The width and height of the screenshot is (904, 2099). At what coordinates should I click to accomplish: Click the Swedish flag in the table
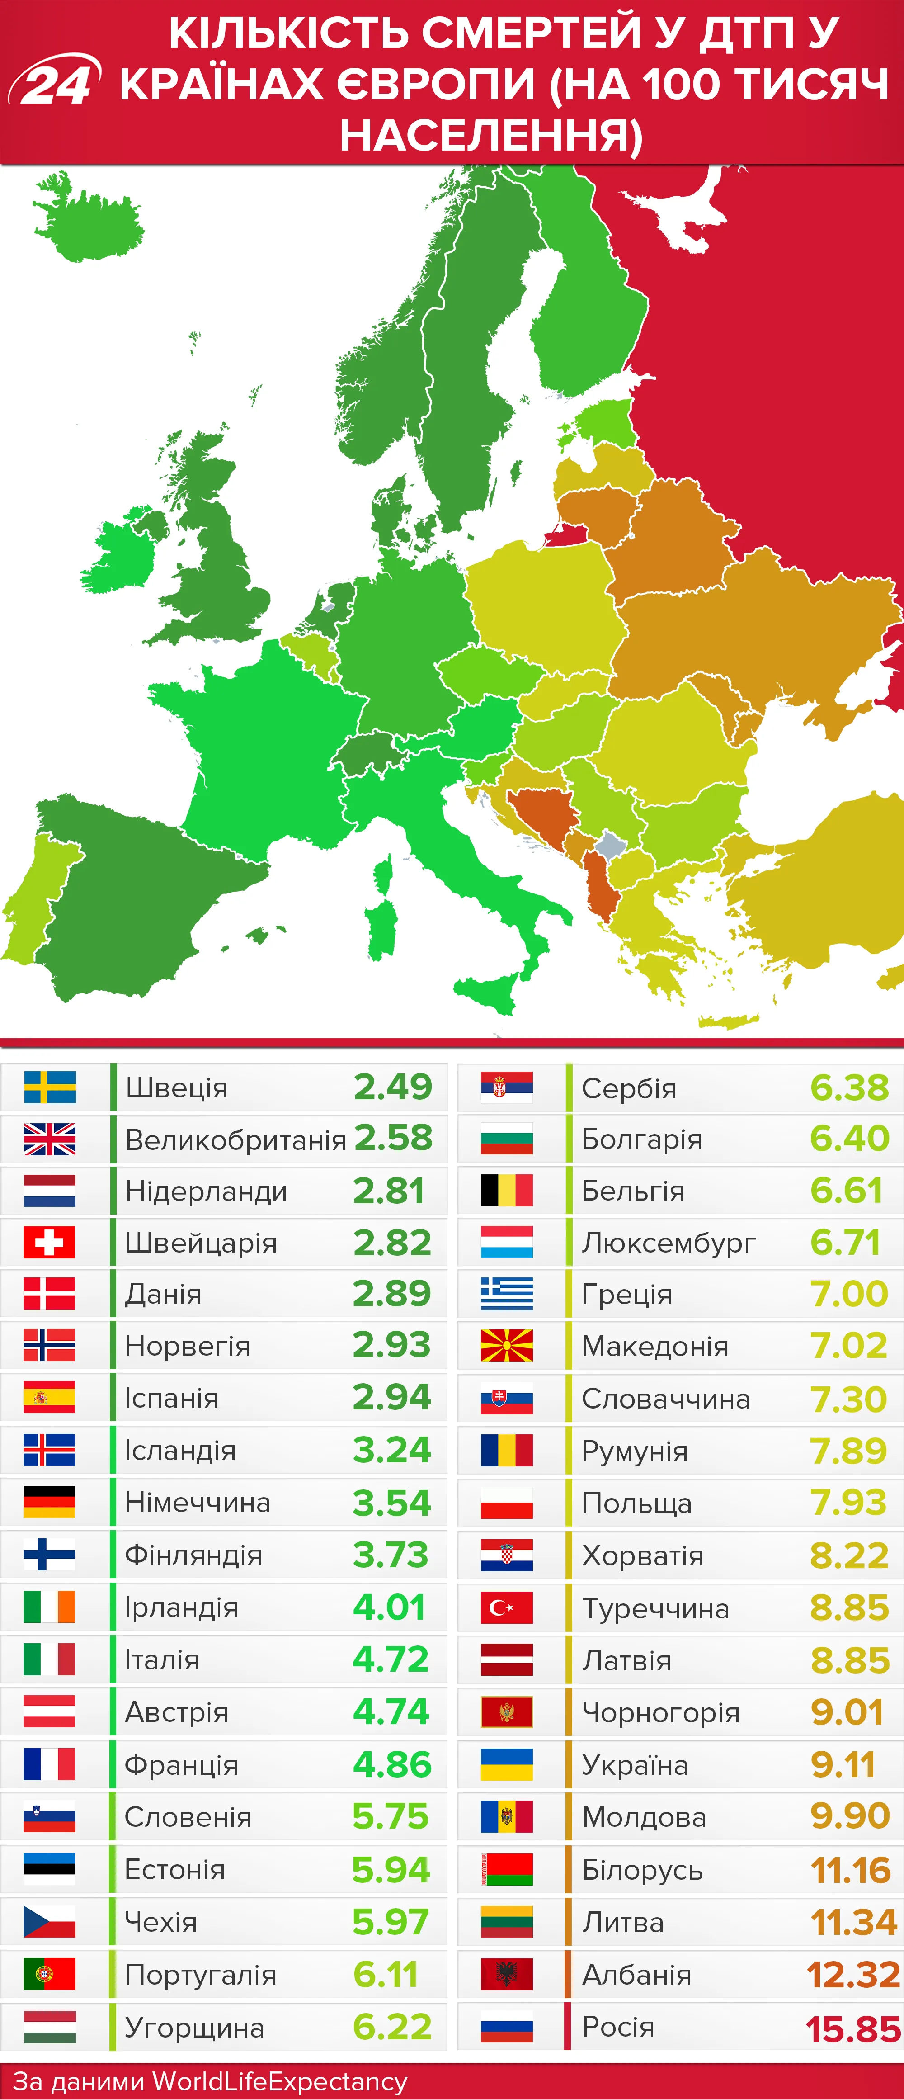pos(50,1087)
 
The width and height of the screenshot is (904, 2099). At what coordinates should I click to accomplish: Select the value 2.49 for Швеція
pos(392,1087)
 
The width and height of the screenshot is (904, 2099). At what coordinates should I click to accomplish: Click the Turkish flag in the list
pos(507,1607)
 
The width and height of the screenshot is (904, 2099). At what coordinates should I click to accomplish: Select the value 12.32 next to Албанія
pos(852,1975)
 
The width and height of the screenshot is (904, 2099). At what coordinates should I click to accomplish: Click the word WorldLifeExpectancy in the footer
pos(279,2081)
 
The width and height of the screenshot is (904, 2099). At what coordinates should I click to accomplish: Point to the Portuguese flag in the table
pos(50,1974)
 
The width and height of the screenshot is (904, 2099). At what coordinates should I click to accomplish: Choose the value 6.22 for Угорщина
pos(392,2027)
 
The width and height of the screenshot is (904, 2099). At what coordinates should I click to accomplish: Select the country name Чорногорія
pos(660,1713)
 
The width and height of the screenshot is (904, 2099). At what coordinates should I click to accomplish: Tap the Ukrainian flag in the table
pos(507,1765)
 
